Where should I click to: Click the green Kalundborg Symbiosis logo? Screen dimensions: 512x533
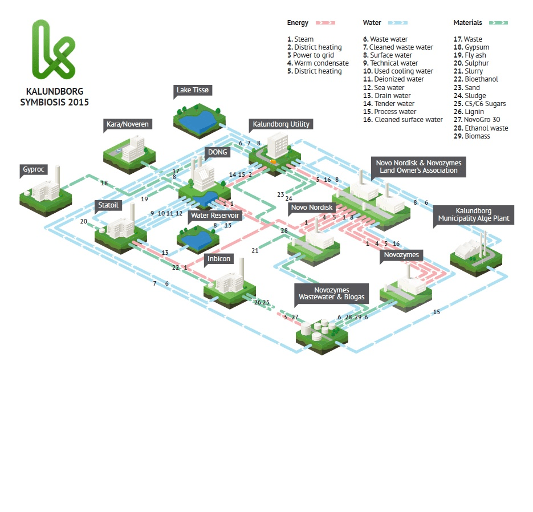[52, 50]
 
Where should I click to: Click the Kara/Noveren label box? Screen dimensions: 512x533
[128, 124]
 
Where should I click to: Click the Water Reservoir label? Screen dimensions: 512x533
[215, 216]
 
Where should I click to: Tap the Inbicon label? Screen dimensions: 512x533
[219, 259]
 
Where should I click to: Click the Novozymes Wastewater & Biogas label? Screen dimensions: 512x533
[331, 294]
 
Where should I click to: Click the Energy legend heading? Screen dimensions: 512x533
[298, 23]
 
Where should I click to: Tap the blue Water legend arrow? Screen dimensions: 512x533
[397, 23]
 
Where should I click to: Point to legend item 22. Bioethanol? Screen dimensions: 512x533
[475, 79]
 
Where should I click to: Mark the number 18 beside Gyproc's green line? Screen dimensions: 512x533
[104, 183]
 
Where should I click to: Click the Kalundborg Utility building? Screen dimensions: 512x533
[278, 145]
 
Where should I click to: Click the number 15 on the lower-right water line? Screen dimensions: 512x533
[437, 312]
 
